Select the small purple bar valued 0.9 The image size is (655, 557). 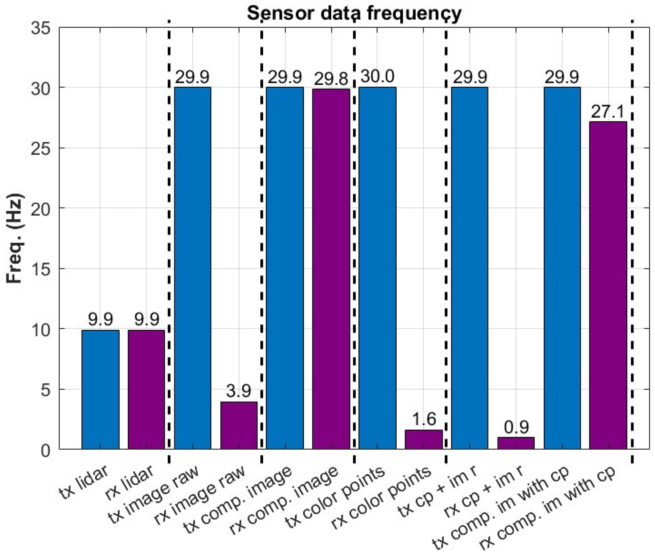tap(516, 443)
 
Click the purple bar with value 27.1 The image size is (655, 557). tap(608, 284)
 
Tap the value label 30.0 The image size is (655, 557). tap(377, 76)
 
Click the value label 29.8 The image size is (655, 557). tap(331, 78)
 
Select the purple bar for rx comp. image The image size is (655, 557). tap(331, 268)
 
